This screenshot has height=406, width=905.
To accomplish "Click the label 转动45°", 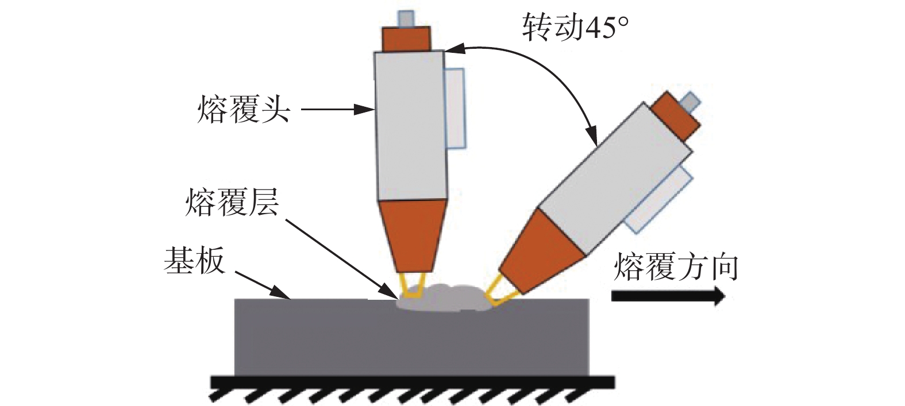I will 574,27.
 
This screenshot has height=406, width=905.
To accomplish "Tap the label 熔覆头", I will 243,110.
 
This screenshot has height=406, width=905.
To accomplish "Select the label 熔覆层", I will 232,202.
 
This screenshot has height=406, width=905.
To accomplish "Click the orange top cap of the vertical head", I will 407,39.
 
